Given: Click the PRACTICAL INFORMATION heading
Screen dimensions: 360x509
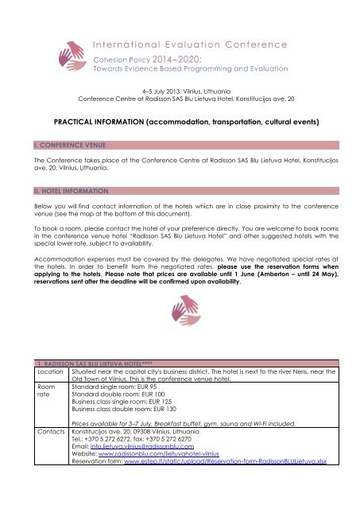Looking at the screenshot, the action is [180, 122].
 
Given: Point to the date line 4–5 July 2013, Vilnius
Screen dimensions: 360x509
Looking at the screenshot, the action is [180, 92].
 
